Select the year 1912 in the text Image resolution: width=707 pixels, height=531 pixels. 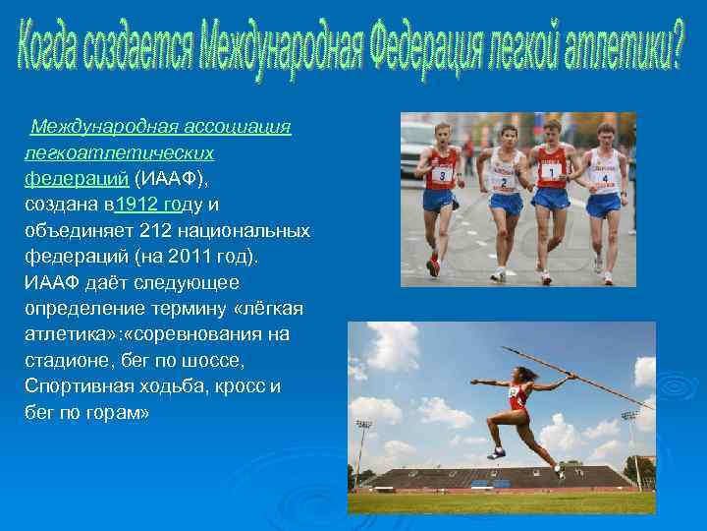[137, 205]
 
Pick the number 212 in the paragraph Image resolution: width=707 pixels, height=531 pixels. [157, 230]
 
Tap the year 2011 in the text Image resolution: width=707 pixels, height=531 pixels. [195, 256]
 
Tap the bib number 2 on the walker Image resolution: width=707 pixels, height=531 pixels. [504, 182]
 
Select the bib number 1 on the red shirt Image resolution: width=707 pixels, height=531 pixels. [552, 170]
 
